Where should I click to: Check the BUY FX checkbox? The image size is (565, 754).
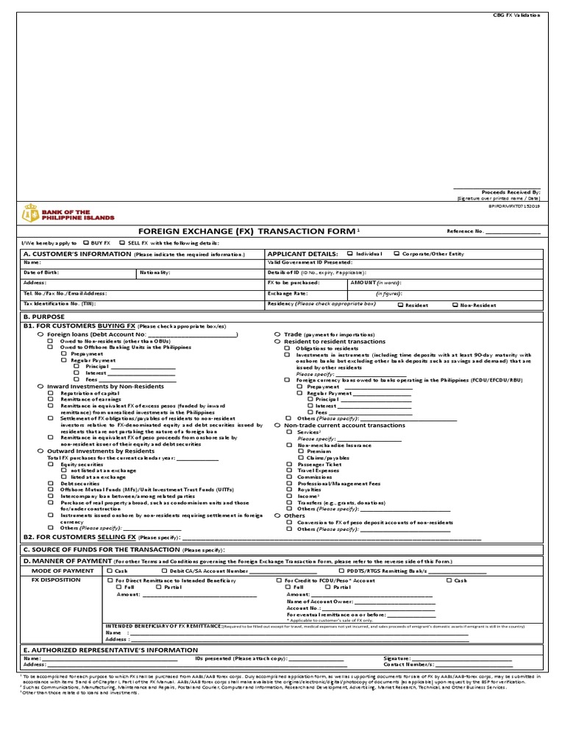(x=88, y=242)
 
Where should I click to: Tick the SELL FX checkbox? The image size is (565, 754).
(x=122, y=242)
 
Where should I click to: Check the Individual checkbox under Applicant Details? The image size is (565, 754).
(x=351, y=253)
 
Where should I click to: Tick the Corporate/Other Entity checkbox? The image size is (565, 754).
(x=397, y=253)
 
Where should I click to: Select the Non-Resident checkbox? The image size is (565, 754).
(x=455, y=303)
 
